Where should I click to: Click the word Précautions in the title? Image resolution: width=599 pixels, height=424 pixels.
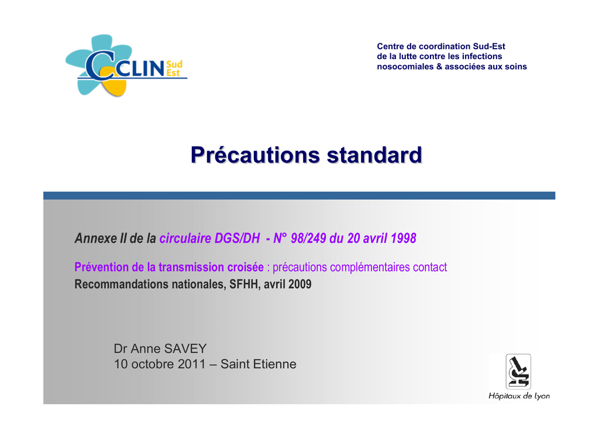pyautogui.click(x=255, y=155)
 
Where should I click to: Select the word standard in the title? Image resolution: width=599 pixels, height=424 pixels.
pyautogui.click(x=374, y=155)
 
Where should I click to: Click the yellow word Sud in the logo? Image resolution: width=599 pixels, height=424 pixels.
pyautogui.click(x=174, y=64)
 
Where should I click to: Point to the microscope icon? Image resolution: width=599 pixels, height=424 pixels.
pyautogui.click(x=518, y=371)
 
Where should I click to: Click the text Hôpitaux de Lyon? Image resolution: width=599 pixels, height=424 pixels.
pyautogui.click(x=519, y=396)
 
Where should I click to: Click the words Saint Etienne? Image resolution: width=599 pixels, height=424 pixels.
pyautogui.click(x=258, y=364)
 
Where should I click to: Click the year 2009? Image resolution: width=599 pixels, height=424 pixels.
pyautogui.click(x=300, y=284)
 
